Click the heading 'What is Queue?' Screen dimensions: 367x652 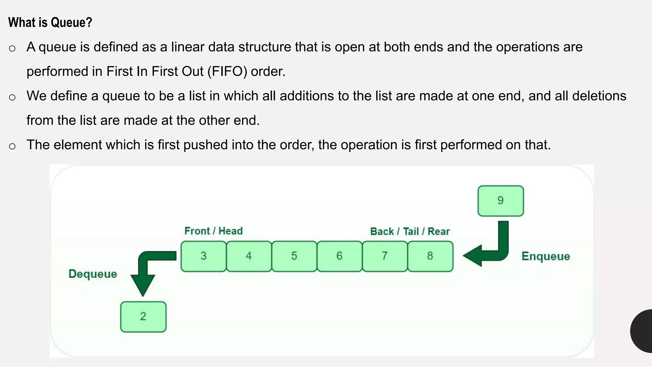50,22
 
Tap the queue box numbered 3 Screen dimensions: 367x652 203,256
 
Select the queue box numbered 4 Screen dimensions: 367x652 249,256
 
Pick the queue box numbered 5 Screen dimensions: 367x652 294,256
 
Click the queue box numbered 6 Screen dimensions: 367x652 339,256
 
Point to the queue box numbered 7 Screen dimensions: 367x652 385,256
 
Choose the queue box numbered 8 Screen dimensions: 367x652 430,256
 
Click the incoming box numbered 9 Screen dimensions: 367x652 500,201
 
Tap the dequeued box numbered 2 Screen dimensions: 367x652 143,317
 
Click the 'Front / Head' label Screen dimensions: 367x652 213,231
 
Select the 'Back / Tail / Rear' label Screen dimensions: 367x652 410,231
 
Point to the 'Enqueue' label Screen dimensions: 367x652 545,256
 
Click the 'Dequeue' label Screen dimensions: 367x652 93,274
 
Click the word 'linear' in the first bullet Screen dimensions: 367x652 188,47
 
